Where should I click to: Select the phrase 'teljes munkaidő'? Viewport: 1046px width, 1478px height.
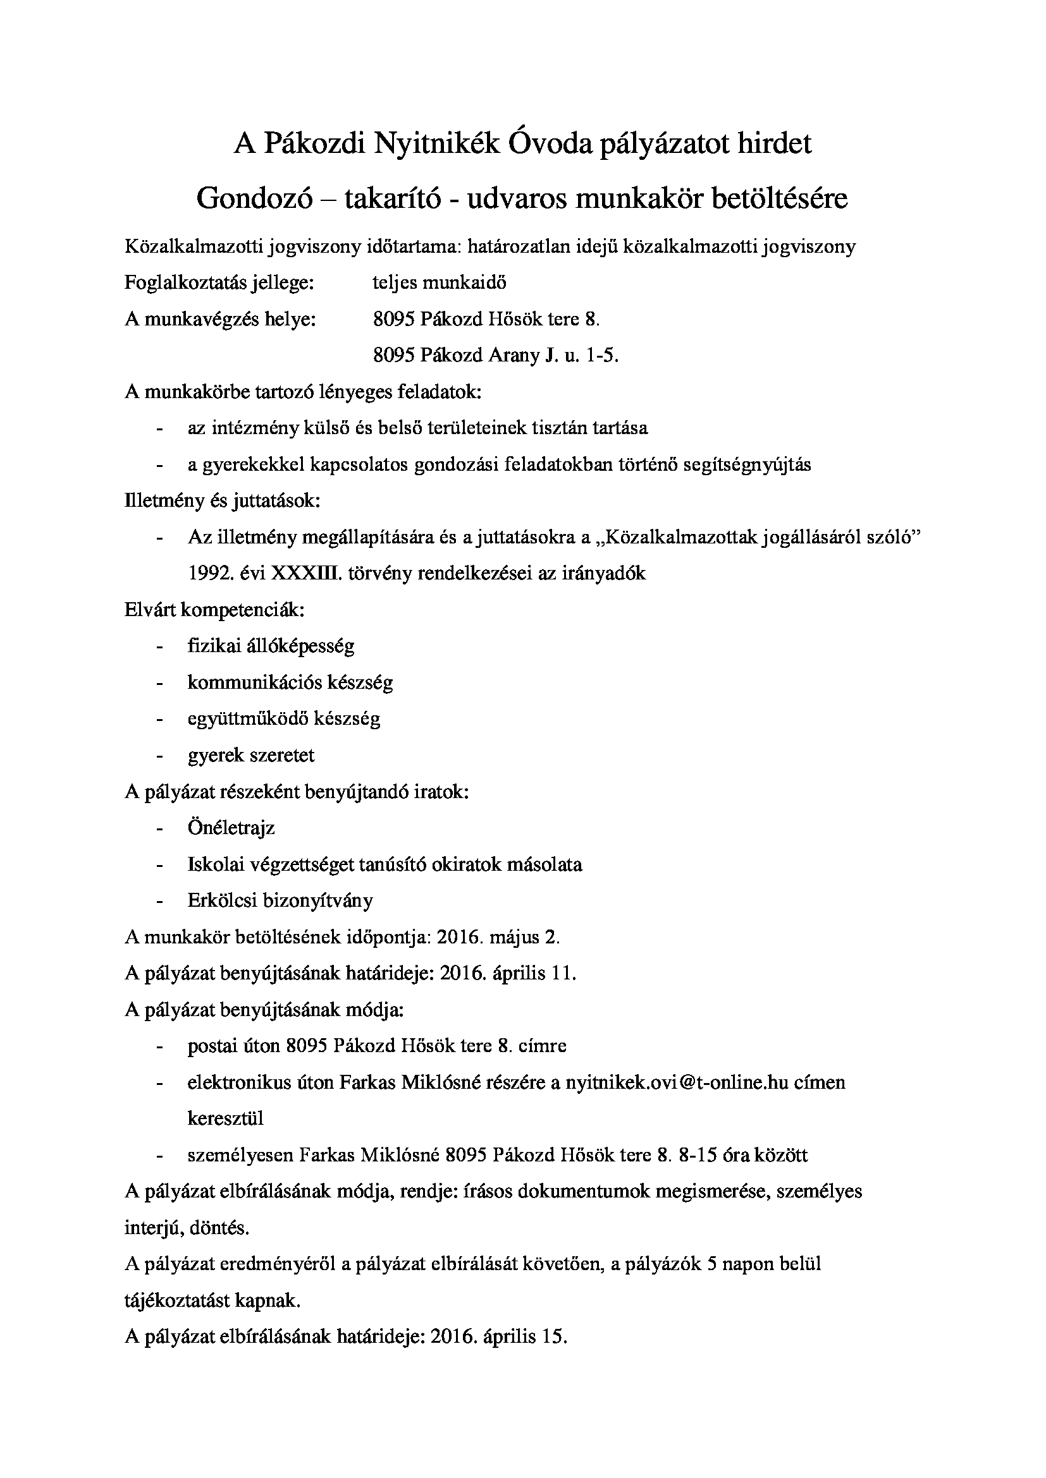[440, 282]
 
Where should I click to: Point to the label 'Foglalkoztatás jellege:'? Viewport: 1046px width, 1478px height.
[219, 282]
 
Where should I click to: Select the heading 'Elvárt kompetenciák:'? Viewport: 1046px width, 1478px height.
[214, 609]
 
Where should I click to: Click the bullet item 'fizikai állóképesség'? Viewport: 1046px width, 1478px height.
[271, 646]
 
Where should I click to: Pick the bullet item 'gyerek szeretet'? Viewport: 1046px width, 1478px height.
[251, 754]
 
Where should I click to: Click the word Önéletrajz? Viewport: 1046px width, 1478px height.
[231, 827]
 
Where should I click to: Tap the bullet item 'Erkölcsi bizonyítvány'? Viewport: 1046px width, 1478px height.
[280, 900]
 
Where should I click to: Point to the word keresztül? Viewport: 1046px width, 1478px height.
[225, 1118]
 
